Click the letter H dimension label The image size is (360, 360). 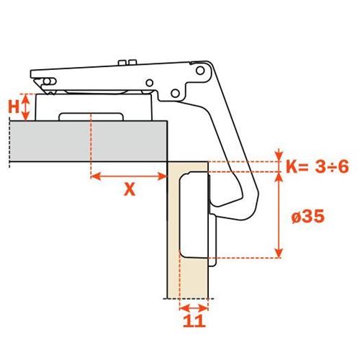point(14,107)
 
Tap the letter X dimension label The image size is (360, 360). point(130,189)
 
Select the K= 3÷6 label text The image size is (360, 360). point(318,167)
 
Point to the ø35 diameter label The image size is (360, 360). point(308,217)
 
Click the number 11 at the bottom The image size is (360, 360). point(194,321)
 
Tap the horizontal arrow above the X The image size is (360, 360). point(129,177)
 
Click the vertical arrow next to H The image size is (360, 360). point(26,107)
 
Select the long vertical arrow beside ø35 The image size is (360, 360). point(279,215)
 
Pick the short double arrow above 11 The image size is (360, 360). point(194,307)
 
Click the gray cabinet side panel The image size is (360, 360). point(89,141)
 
